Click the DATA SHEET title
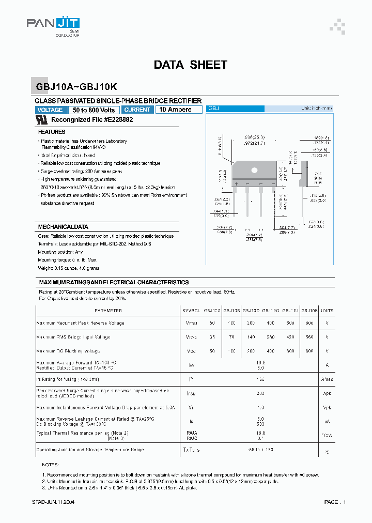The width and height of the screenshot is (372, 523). (x=190, y=65)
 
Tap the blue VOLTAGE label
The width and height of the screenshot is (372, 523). (x=51, y=110)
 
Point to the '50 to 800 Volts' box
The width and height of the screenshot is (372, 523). (x=94, y=110)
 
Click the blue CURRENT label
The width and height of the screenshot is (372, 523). (x=137, y=110)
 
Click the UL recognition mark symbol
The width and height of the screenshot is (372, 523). (x=42, y=119)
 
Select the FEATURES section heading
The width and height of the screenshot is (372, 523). (x=52, y=132)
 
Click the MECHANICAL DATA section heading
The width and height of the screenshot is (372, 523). (x=63, y=227)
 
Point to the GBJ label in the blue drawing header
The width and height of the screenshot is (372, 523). (x=214, y=109)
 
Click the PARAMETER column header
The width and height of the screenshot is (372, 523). (x=109, y=311)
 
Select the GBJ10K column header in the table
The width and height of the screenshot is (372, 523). (x=309, y=311)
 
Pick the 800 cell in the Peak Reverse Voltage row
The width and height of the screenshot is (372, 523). (x=309, y=323)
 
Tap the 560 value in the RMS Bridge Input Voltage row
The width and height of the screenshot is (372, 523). (x=309, y=337)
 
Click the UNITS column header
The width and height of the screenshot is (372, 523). (x=327, y=311)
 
